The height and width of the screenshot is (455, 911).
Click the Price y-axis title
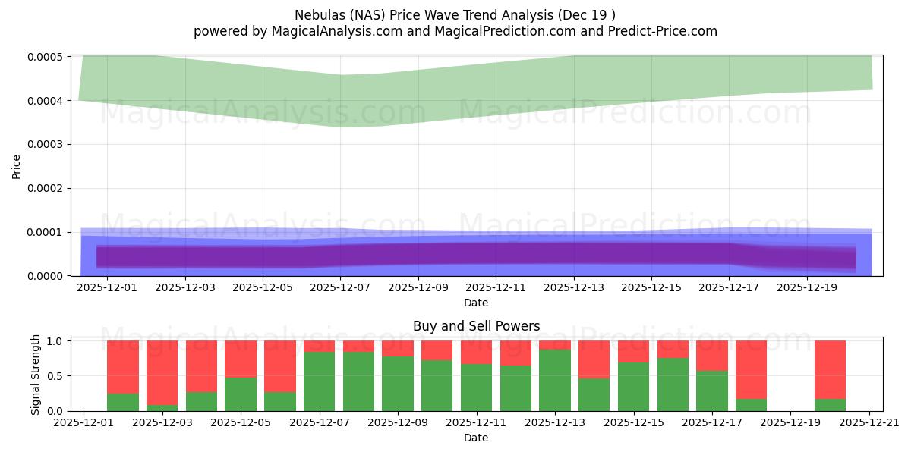[17, 167]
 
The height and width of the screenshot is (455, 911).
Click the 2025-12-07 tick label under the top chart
[339, 288]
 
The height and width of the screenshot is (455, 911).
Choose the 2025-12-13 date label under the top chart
[573, 288]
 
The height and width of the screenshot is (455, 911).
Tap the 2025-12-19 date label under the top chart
[806, 288]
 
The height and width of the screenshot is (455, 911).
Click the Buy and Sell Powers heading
[476, 326]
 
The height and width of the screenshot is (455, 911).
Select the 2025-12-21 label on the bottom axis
[869, 423]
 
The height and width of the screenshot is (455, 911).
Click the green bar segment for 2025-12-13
[555, 380]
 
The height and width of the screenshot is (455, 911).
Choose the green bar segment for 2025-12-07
[319, 381]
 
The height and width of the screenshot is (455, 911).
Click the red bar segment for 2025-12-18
[751, 369]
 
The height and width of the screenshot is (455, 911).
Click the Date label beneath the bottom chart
[476, 438]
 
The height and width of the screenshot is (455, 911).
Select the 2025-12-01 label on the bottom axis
[84, 423]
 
